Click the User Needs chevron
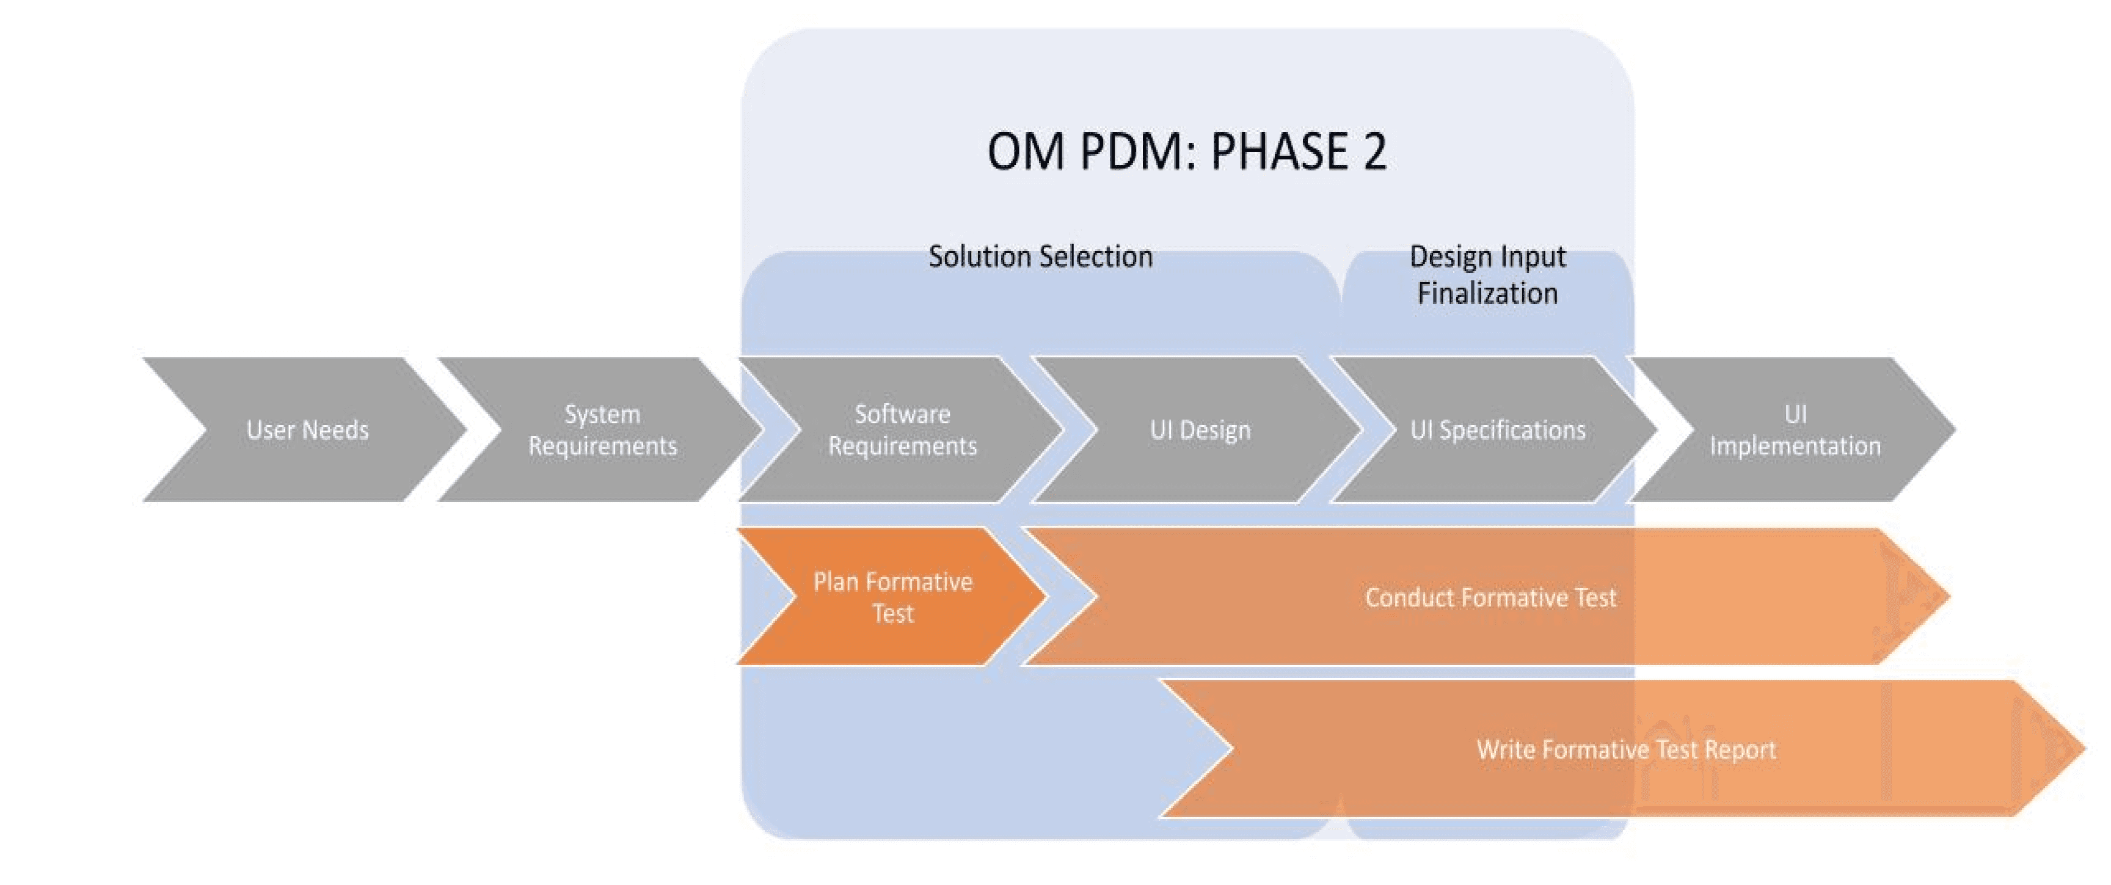[307, 429]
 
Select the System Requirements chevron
[602, 429]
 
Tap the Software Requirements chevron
[902, 429]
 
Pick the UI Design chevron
[1200, 429]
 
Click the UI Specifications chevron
[1497, 429]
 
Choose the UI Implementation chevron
[1795, 429]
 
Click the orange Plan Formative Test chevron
[892, 597]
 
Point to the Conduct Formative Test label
[1490, 597]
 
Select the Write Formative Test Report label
[1626, 749]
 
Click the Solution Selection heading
[1040, 257]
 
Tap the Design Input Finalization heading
[1487, 274]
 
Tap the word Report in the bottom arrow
[1740, 749]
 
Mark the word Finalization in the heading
[1487, 293]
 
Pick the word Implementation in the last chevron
[1795, 446]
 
